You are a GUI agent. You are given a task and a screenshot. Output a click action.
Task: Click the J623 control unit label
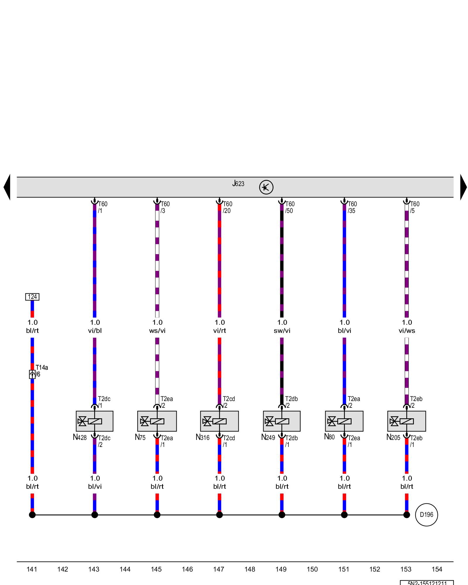click(238, 184)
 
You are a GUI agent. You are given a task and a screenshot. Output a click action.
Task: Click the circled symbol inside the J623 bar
click(266, 187)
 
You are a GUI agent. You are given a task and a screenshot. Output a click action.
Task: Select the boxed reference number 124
click(32, 297)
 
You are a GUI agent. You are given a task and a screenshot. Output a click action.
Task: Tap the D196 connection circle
click(426, 515)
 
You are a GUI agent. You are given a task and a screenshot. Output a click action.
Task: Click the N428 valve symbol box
click(94, 421)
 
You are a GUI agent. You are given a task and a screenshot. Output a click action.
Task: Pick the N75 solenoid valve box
click(157, 421)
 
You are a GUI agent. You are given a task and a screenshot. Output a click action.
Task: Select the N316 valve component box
click(219, 421)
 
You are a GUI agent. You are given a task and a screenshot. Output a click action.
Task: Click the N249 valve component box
click(282, 421)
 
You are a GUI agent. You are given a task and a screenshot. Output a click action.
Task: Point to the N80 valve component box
click(344, 421)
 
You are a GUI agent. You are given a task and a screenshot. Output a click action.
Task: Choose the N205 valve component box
click(407, 421)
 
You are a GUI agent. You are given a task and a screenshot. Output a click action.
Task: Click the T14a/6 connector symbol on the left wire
click(32, 374)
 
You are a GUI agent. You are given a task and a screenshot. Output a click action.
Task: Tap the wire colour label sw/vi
click(282, 331)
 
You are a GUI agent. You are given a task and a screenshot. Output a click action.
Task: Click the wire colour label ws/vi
click(157, 331)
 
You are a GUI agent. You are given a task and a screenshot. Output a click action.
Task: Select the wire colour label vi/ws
click(407, 331)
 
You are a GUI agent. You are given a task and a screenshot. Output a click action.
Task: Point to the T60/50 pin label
click(290, 207)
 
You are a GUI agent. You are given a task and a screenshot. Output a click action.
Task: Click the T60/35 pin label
click(352, 207)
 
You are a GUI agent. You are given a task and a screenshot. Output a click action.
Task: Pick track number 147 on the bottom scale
click(219, 569)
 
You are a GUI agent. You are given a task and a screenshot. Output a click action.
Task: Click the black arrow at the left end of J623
click(7, 187)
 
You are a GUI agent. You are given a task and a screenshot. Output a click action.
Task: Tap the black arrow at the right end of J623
click(463, 187)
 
